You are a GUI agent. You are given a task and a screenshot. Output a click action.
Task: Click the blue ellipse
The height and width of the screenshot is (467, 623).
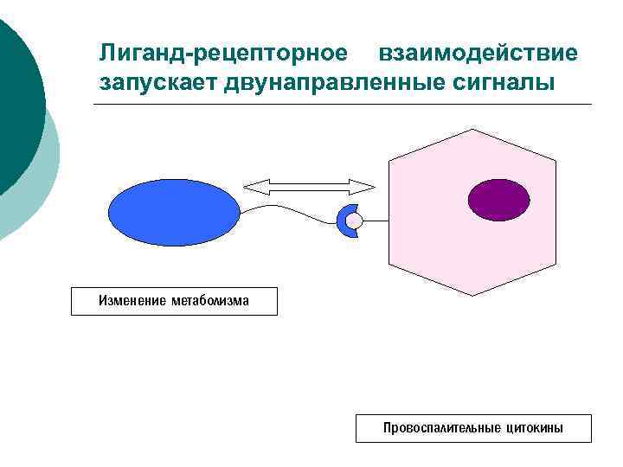coord(173,213)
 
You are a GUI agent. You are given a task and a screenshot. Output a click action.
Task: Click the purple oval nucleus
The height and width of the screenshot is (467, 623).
coord(498,200)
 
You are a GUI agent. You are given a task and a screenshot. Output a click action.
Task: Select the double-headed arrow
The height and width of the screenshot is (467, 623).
coord(309,186)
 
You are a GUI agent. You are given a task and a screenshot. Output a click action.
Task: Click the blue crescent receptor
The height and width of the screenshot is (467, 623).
coord(343,221)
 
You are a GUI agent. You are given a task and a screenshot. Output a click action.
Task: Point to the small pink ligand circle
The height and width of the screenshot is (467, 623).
coord(354,222)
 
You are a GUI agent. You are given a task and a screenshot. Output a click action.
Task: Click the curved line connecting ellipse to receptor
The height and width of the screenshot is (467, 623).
coord(286,211)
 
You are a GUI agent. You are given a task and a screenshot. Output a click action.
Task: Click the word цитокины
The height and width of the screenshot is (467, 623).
coord(535,428)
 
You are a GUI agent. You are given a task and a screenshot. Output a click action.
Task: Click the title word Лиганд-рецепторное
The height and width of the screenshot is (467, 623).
coord(223,54)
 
